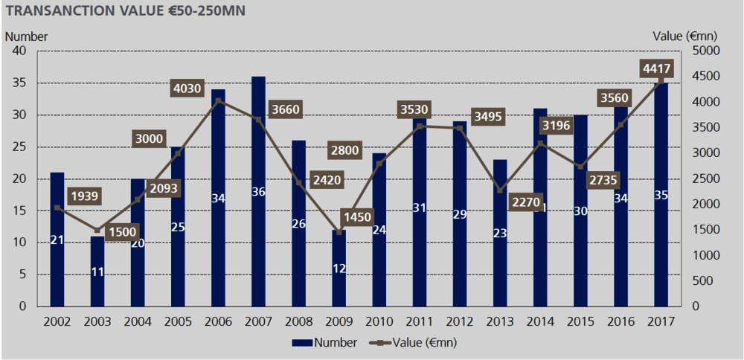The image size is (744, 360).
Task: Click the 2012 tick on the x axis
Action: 459,321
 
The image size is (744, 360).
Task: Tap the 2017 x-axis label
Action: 660,321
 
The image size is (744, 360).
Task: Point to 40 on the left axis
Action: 19,51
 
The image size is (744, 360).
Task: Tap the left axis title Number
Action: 27,36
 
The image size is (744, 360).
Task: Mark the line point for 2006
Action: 219,100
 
